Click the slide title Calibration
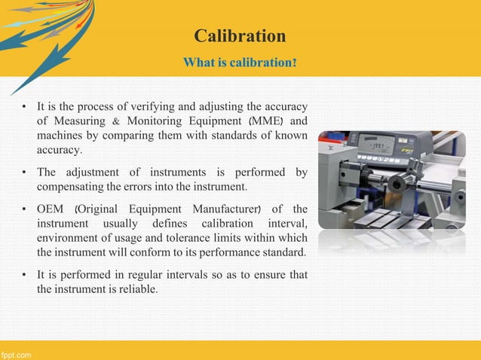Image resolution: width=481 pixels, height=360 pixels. pyautogui.click(x=240, y=36)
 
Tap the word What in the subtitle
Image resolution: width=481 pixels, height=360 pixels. pyautogui.click(x=198, y=61)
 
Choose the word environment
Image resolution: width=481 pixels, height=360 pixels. pyautogui.click(x=71, y=237)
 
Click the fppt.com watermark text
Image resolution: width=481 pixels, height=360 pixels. pyautogui.click(x=16, y=353)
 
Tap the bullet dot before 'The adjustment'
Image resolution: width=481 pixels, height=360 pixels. pyautogui.click(x=25, y=172)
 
